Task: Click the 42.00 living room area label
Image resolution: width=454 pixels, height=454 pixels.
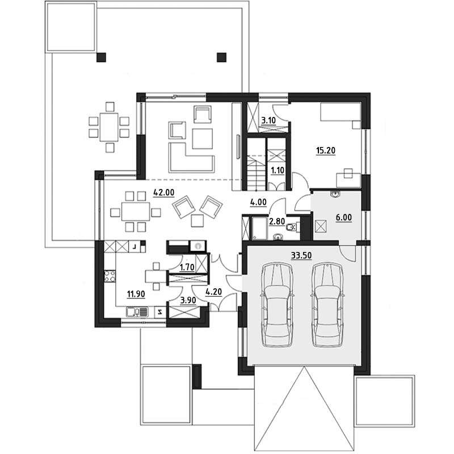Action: coord(163,192)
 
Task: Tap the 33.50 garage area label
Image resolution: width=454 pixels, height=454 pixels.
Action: coord(301,255)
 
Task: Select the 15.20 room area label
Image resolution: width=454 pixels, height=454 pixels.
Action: coord(326,150)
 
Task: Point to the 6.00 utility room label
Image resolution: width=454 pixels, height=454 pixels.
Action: coord(344,217)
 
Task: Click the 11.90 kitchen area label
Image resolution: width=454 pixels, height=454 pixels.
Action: coord(136,294)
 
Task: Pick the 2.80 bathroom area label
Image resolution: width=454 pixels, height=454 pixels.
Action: coord(277,221)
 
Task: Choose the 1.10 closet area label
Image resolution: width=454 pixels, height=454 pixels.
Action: coord(278,170)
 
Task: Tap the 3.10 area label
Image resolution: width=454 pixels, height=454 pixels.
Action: coord(268,120)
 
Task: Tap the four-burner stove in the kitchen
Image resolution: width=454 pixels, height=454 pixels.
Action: coord(110,276)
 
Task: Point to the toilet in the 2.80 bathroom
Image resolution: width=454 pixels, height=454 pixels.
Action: coord(291,228)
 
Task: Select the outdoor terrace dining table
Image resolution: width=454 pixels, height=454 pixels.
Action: coord(109,127)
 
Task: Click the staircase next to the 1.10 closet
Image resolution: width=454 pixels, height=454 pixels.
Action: coord(257,164)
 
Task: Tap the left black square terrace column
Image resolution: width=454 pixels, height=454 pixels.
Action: coord(102,57)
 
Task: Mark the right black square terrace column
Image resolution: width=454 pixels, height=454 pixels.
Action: coord(221,57)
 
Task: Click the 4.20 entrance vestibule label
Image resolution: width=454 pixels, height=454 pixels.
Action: coord(214,292)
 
